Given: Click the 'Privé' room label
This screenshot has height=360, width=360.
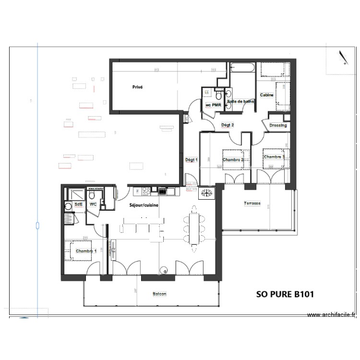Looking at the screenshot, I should pyautogui.click(x=138, y=87).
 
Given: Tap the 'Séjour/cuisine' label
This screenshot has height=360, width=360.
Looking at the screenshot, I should pyautogui.click(x=144, y=205).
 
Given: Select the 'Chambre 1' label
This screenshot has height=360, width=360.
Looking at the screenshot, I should pyautogui.click(x=86, y=251).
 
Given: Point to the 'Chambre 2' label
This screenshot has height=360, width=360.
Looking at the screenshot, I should pyautogui.click(x=233, y=160).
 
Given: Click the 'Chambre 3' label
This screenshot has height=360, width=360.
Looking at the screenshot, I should pyautogui.click(x=274, y=157).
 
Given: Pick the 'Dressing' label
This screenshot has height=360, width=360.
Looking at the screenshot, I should pyautogui.click(x=278, y=126).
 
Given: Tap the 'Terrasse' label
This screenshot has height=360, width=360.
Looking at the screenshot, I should pyautogui.click(x=251, y=204).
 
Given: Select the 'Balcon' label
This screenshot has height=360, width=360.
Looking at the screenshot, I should pyautogui.click(x=160, y=294).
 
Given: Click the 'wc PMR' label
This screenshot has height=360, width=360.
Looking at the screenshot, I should pyautogui.click(x=213, y=105).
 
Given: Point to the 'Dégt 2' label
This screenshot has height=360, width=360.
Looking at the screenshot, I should pyautogui.click(x=227, y=125).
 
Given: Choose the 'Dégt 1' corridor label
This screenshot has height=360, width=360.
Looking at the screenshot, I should pyautogui.click(x=191, y=160).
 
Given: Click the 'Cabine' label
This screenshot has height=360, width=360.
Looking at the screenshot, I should pyautogui.click(x=267, y=95).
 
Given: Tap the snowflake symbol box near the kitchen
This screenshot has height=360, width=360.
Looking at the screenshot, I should pyautogui.click(x=207, y=193).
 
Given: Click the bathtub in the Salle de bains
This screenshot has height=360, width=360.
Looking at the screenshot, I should pyautogui.click(x=242, y=69).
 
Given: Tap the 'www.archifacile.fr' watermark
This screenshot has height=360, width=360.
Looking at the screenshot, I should pyautogui.click(x=332, y=315).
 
